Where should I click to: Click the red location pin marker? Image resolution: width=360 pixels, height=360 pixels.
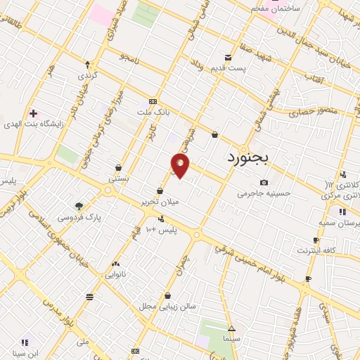pyautogui.click(x=181, y=165)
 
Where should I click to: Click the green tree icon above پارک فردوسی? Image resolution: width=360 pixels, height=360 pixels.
pyautogui.click(x=79, y=206)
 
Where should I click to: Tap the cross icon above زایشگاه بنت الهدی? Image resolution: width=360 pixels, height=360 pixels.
pyautogui.click(x=33, y=112)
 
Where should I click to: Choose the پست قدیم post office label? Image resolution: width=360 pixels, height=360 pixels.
pyautogui.click(x=230, y=67)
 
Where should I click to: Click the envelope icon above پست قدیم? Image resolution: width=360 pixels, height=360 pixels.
pyautogui.click(x=228, y=57)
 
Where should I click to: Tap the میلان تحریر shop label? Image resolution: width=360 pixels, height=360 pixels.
pyautogui.click(x=160, y=201)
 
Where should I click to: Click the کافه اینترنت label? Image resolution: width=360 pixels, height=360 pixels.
pyautogui.click(x=316, y=250)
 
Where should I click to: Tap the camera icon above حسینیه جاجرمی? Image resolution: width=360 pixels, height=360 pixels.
pyautogui.click(x=264, y=183)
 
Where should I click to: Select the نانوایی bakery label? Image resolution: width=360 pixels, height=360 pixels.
pyautogui.click(x=115, y=275)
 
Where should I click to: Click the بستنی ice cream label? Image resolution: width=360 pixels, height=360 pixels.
pyautogui.click(x=117, y=179)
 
